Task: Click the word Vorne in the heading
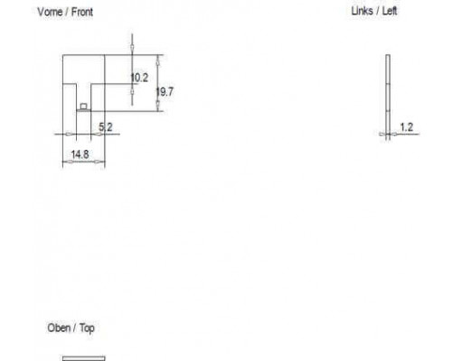click(x=50, y=12)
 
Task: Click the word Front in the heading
click(x=82, y=12)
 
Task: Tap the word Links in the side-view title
click(x=362, y=11)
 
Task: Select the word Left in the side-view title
click(x=390, y=11)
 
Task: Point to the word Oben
click(x=59, y=328)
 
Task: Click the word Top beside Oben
click(x=87, y=329)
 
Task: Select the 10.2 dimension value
click(x=139, y=78)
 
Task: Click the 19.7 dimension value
click(x=165, y=92)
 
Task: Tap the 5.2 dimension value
click(x=106, y=127)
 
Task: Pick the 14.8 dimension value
click(x=80, y=154)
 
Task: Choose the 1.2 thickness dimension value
click(x=406, y=127)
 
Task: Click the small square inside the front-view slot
click(x=84, y=106)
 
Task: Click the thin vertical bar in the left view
click(x=388, y=97)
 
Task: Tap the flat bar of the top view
click(x=84, y=358)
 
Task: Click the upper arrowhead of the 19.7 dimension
click(x=157, y=60)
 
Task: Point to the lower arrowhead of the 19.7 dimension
click(x=157, y=106)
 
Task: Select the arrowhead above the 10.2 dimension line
click(x=132, y=48)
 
